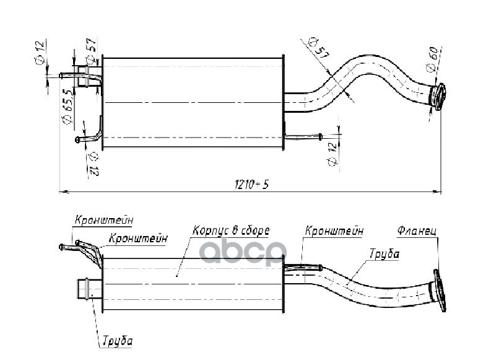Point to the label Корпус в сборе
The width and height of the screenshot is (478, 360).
(x=231, y=230)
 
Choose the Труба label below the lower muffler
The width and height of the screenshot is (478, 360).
(x=116, y=341)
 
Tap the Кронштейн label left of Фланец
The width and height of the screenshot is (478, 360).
(x=333, y=230)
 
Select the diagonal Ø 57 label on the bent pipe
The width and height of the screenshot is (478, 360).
(x=318, y=49)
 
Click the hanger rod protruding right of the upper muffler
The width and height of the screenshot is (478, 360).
(x=303, y=136)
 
